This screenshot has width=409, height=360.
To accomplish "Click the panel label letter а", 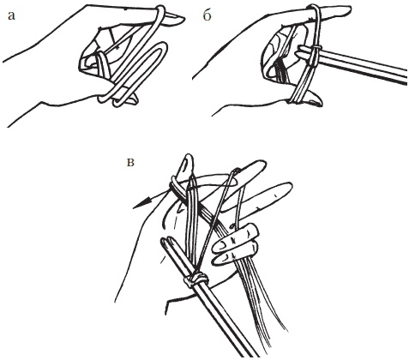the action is point(11,16).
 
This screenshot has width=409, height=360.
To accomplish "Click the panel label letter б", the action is point(207,15).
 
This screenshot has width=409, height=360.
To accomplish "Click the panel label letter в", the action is point(130,163).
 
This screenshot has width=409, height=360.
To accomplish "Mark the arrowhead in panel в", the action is point(141,203).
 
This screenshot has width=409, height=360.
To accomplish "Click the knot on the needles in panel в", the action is point(196,279).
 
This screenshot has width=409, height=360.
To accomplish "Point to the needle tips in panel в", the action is point(166,243).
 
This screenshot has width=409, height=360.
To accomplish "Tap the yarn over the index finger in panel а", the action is point(160,14).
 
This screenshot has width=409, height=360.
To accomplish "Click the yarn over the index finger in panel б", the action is point(315,14).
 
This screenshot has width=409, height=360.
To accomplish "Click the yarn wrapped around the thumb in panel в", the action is point(178,186).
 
